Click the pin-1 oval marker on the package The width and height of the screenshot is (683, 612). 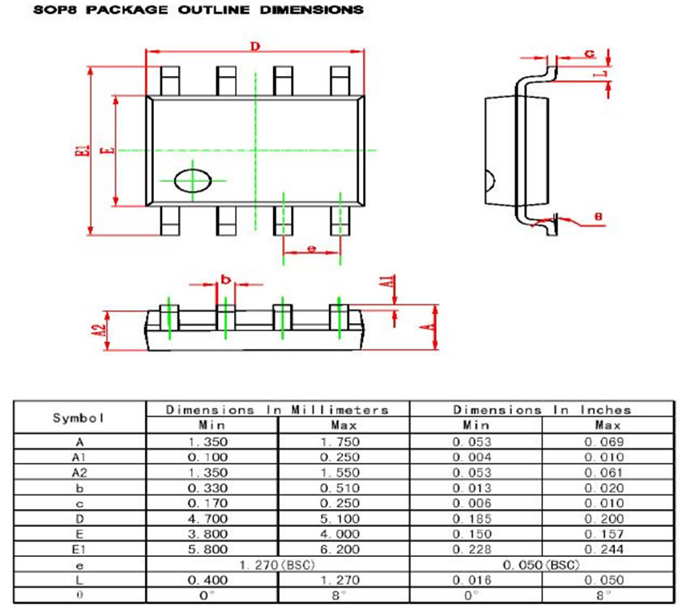click(x=193, y=180)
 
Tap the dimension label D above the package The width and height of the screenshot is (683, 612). click(x=254, y=47)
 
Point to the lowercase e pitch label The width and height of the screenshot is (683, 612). click(x=312, y=249)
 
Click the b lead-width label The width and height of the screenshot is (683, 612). click(x=226, y=279)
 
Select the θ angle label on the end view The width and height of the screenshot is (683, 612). click(x=598, y=216)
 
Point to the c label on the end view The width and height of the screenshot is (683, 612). click(x=590, y=53)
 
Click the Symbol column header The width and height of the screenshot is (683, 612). click(x=79, y=418)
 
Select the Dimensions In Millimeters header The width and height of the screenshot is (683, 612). click(x=277, y=410)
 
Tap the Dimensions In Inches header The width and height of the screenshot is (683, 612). click(x=541, y=410)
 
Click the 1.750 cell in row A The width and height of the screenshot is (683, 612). click(x=344, y=441)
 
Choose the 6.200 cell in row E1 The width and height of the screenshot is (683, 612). click(x=344, y=549)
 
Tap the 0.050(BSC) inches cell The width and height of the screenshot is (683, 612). click(x=540, y=564)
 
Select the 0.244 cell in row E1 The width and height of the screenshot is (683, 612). click(x=608, y=549)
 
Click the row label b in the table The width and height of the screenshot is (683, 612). click(x=79, y=487)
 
